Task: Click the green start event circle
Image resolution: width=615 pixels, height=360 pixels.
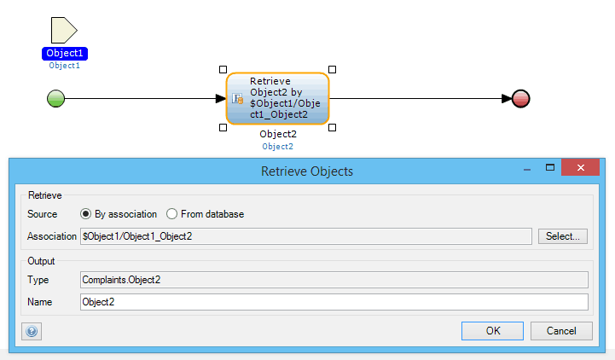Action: pos(55,98)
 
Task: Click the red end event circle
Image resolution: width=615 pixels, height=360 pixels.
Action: pos(521,98)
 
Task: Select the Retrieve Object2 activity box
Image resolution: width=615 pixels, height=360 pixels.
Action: pos(278,98)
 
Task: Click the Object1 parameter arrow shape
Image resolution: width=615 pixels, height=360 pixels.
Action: pos(64,30)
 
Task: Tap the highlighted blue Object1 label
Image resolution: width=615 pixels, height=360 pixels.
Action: pos(65,54)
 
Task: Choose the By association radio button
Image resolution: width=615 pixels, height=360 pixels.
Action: pos(85,214)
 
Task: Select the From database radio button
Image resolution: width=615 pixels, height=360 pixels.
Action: pos(171,214)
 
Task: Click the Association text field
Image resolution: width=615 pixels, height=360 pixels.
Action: pos(306,236)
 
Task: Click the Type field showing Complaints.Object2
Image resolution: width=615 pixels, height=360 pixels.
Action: pos(334,280)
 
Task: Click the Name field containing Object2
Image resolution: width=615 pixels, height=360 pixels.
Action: pos(334,302)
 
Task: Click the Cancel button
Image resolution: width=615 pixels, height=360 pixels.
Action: pos(561,331)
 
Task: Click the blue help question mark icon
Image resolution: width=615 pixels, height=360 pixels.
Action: pos(32,331)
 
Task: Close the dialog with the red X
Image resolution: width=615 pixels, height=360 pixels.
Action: pos(581,167)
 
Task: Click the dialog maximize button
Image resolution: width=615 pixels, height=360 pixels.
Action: pos(550,167)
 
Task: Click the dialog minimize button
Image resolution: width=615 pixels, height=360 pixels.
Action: pos(527,170)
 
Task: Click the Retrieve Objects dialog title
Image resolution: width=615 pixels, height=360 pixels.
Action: pos(307,171)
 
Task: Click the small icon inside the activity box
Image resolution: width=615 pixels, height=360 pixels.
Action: pos(238,98)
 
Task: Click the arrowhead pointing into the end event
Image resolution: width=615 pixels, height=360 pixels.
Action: pos(507,98)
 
